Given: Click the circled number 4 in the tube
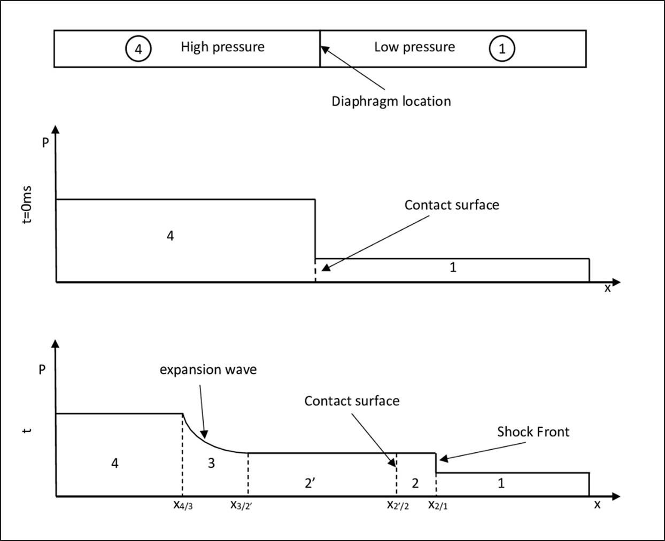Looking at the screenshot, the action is pos(138,49).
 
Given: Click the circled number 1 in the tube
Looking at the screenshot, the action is pos(502,49).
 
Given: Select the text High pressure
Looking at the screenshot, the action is pos(222,47).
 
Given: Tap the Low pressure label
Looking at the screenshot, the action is pos(415,47).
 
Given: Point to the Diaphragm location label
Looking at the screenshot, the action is pos(391,101).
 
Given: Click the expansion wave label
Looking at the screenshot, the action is pos(208,370).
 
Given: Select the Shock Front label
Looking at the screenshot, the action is pos(533,432).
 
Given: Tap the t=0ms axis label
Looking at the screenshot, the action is pos(27,205).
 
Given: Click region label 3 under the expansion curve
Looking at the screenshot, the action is pos(211,464).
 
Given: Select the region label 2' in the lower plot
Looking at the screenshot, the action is pos(310,483).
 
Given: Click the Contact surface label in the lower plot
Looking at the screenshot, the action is pos(352,401).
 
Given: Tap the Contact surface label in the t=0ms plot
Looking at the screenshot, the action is pos(452,205).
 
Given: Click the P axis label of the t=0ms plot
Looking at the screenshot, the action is pos(45,143).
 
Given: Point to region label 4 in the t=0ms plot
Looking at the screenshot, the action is pos(170,236).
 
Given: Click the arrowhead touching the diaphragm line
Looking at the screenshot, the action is pos(325,50).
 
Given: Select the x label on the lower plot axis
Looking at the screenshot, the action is pos(597,504).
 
